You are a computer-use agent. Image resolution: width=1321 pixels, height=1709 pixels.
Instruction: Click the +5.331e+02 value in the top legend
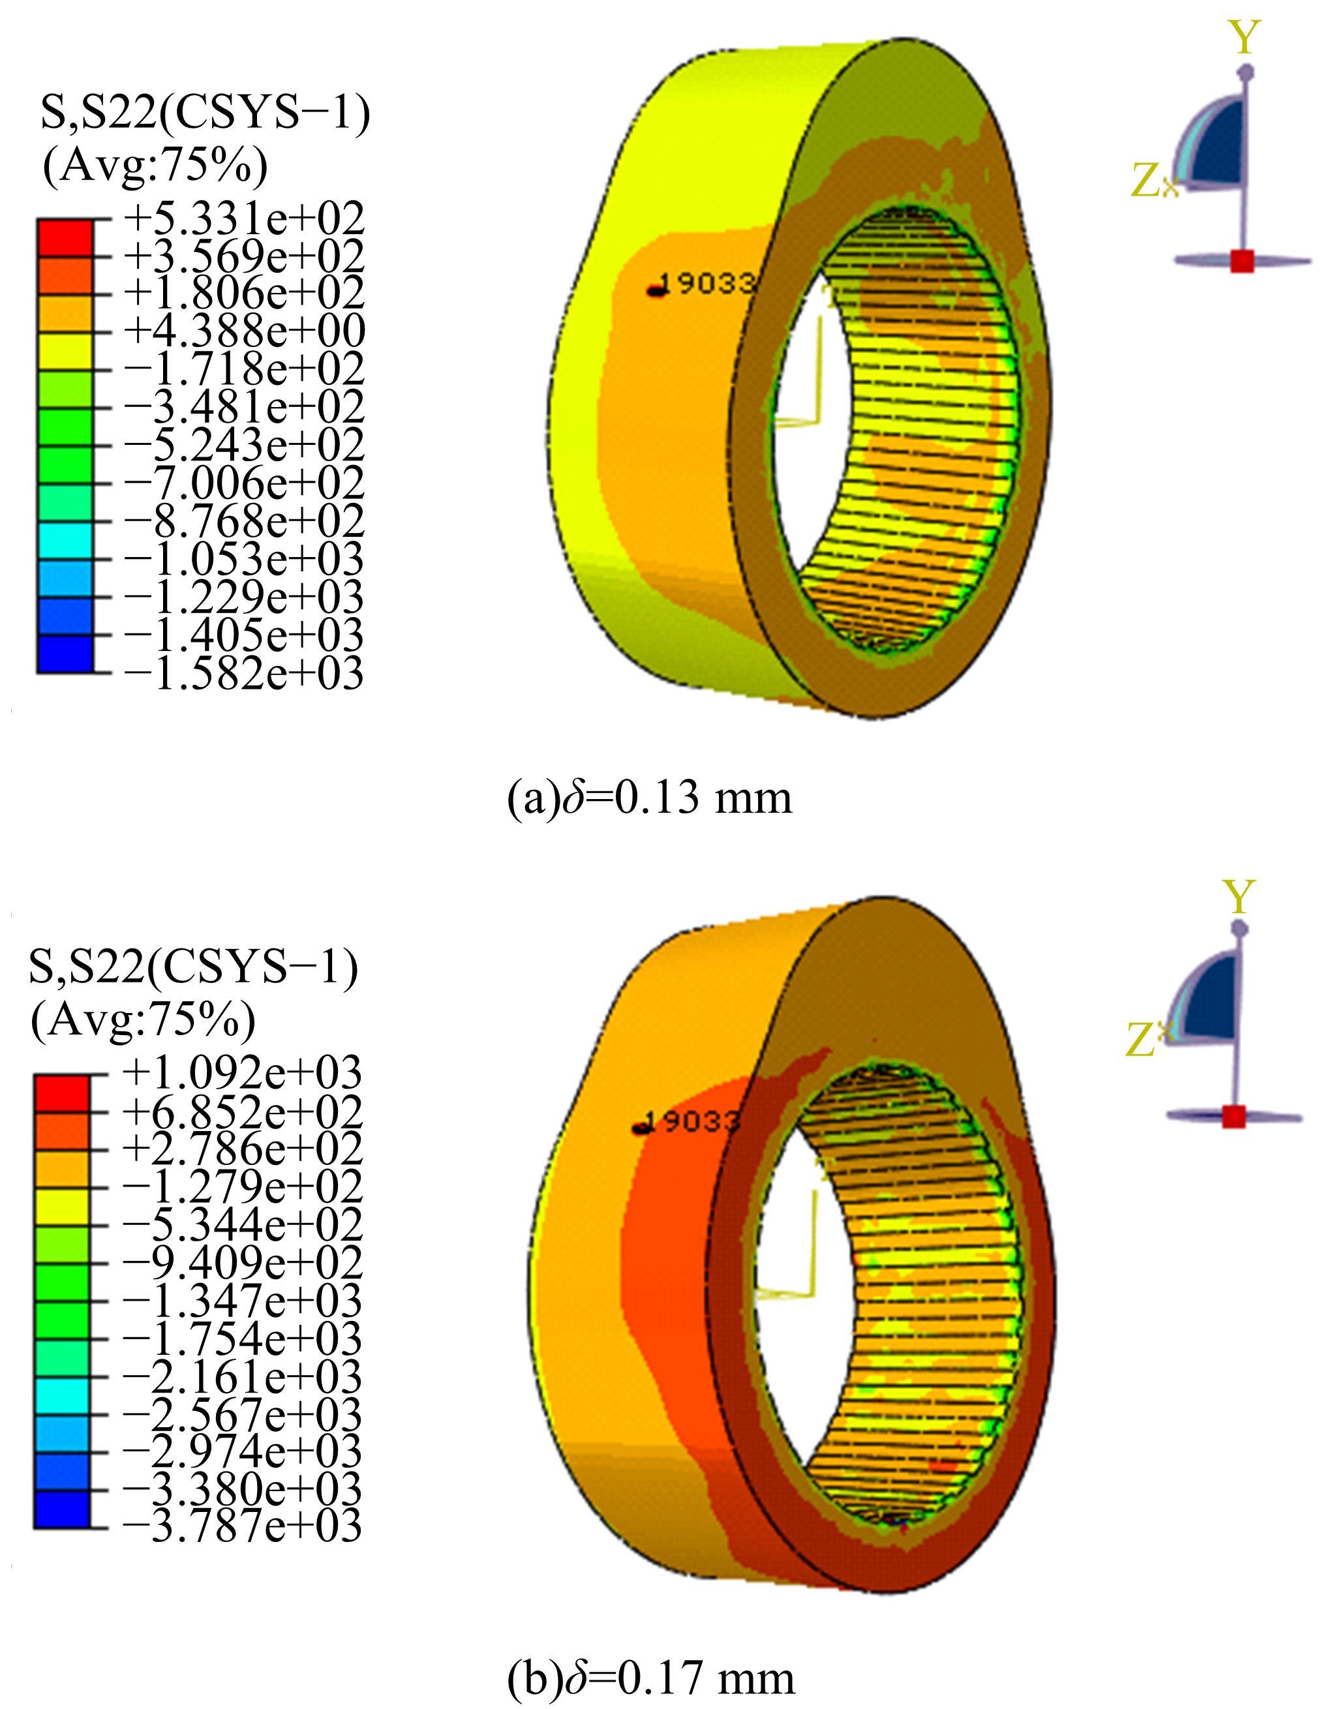[243, 219]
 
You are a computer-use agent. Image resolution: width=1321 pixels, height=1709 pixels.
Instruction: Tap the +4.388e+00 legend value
[243, 332]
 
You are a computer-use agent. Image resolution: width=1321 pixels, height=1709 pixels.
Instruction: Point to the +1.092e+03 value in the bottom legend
[242, 1073]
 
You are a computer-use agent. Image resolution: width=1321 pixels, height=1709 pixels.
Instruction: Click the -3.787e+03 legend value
[242, 1526]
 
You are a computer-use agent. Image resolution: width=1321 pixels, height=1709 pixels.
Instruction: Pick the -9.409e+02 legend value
[242, 1262]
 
